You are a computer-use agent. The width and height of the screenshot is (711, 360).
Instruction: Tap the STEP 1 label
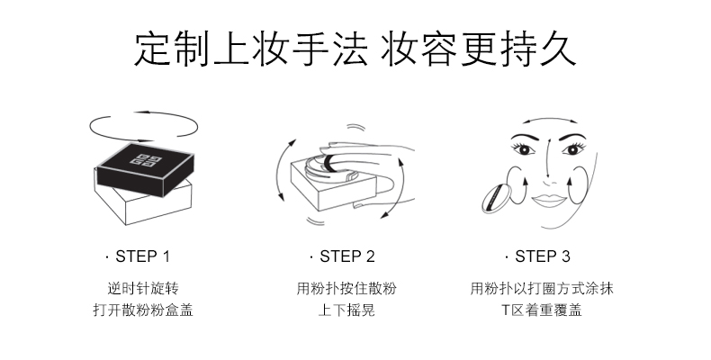[x=143, y=256]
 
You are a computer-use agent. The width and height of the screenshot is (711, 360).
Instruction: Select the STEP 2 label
[x=346, y=256]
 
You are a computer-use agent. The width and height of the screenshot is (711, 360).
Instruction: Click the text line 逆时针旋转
[x=143, y=289]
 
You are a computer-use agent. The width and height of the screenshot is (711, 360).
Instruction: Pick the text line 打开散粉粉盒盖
[x=143, y=311]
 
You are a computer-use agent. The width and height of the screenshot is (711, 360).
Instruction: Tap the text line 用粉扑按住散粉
[x=346, y=289]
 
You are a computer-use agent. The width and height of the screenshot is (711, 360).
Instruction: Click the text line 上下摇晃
[x=346, y=311]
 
